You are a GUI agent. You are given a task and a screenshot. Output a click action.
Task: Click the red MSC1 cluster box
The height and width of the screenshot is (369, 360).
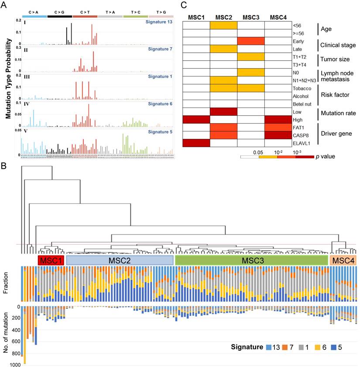51,260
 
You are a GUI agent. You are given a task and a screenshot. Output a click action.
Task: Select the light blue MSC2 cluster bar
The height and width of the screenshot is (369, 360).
120,260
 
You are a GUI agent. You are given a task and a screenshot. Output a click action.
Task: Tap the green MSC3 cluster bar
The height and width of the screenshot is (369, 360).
251,260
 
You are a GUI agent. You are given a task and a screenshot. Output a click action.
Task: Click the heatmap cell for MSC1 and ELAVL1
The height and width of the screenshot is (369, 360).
196,143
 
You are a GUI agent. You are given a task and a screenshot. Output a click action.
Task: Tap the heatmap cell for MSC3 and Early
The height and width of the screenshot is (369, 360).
250,41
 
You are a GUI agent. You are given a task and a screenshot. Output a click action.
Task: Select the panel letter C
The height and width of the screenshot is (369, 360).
184,5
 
